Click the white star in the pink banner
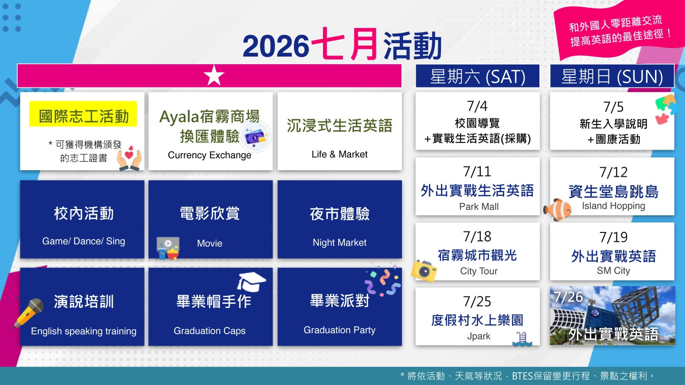[214, 76]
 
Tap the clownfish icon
[557, 210]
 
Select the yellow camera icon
[424, 271]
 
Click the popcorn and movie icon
[167, 248]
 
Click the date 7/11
[477, 172]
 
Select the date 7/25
[477, 301]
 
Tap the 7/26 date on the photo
[568, 297]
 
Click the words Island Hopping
[614, 206]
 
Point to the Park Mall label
[479, 207]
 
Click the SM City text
[614, 270]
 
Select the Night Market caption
[340, 242]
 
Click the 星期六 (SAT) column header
[478, 76]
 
